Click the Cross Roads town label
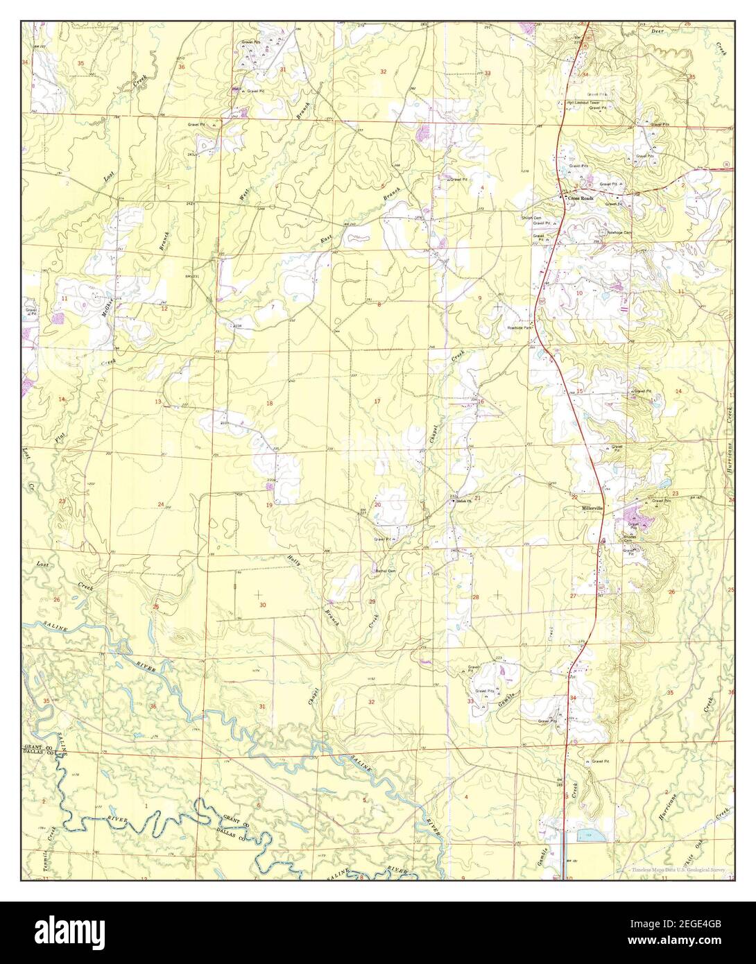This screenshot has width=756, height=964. coord(581,198)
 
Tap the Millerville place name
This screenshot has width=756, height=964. coord(593,508)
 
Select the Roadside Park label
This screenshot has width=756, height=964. coord(519,327)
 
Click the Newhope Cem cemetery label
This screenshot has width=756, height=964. coord(619,232)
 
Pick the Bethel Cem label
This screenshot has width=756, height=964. coord(385,571)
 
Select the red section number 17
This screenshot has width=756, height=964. coord(377,402)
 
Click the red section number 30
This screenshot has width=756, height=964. coord(262,605)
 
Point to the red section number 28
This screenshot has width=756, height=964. coord(476,597)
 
